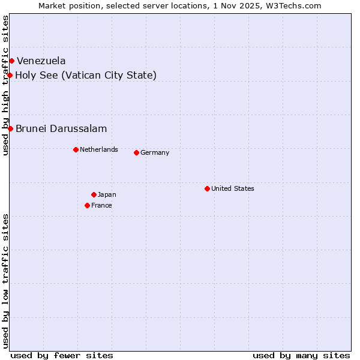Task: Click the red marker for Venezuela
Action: pos(11,61)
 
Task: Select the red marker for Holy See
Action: pos(10,75)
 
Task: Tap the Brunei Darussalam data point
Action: pos(10,128)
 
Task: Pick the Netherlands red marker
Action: pos(76,149)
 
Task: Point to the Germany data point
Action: pos(136,152)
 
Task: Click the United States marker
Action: pos(207,188)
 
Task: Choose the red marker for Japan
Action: pos(94,194)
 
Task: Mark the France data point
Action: pos(87,205)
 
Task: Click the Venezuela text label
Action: pos(41,61)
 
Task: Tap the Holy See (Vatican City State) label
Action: pos(86,75)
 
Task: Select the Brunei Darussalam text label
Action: pos(61,128)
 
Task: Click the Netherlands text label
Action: pos(99,149)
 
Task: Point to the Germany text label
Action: pos(155,152)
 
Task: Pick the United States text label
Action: pos(233,188)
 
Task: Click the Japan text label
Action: pos(107,194)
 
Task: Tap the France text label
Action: pos(101,205)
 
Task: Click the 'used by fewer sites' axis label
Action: pos(62,355)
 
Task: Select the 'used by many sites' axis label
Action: pos(301,355)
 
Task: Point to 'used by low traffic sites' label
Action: pos(6,280)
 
